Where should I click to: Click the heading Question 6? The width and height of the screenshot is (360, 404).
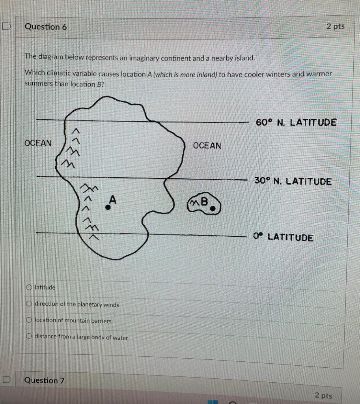point(46,27)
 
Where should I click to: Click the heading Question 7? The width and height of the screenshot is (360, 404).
point(44,380)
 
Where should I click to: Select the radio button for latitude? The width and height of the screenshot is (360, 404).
point(29,287)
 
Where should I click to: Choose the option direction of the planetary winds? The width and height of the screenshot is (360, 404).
point(29,304)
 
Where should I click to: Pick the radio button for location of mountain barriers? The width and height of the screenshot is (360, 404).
point(29,321)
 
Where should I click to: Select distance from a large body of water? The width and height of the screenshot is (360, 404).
point(29,337)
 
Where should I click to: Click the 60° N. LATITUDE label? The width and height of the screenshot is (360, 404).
point(296,122)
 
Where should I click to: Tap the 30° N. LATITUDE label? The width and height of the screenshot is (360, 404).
point(293,181)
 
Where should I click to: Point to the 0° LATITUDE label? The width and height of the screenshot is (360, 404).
point(284,238)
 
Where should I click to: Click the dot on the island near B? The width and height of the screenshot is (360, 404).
point(213,209)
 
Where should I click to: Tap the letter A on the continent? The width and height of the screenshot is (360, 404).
point(113,200)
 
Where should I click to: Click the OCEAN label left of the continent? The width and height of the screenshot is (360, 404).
point(38,143)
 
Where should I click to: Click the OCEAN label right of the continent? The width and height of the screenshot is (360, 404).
point(207,146)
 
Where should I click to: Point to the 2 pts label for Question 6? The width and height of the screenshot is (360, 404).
point(335,26)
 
